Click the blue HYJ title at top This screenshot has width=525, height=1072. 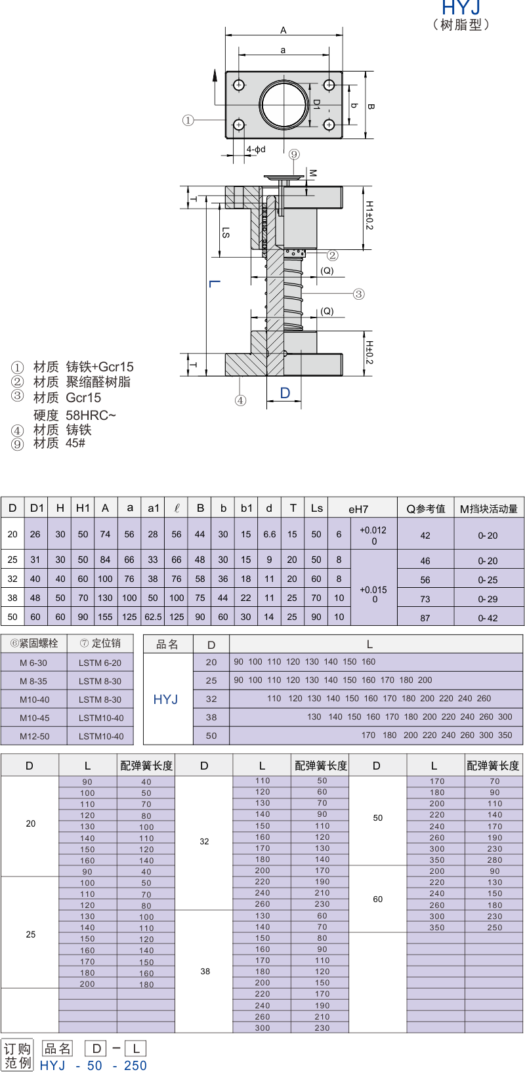pos(461,8)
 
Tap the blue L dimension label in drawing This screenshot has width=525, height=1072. pos(215,283)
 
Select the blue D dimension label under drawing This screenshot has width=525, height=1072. pos(285,393)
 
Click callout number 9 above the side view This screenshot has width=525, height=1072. pos(294,154)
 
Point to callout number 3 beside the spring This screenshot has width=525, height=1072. pos(359,294)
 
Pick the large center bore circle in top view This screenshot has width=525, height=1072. pos(283,104)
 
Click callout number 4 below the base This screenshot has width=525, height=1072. pos(241,400)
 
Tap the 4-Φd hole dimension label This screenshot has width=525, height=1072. pos(256,150)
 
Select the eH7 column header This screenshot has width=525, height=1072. pos(358,509)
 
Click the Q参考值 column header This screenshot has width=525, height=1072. pos(425,509)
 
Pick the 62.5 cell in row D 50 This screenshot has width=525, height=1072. pos(153,617)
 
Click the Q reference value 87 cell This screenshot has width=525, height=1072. pos(425,617)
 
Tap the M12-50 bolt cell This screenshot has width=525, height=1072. pos(34,736)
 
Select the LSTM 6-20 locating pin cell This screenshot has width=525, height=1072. pos(100,663)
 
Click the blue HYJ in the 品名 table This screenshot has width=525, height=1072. pos(165,699)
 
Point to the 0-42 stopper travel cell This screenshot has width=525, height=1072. pos(488,617)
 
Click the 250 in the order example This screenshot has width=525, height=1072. pos(135,1065)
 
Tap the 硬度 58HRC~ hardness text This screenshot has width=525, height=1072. pos(75,415)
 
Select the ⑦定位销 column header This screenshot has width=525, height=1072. pos(100,644)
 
